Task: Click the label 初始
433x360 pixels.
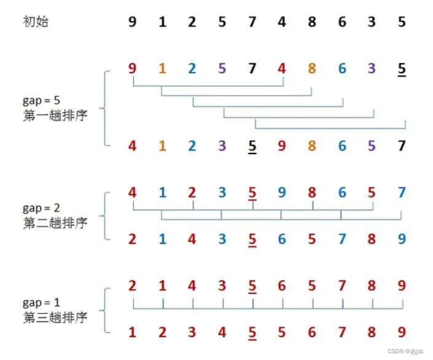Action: (36, 23)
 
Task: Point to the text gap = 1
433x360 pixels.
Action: (41, 303)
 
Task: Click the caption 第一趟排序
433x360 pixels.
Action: (55, 115)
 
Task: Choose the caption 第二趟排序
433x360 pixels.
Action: (55, 222)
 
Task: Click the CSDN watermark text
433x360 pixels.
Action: (400, 351)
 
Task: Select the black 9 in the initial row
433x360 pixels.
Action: (133, 23)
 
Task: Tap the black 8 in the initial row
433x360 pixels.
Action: (312, 23)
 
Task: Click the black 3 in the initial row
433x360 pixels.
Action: (372, 23)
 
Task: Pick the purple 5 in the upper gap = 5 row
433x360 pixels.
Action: (222, 69)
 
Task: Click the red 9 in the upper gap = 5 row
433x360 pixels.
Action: (133, 69)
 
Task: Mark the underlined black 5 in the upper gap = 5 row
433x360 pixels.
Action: (402, 69)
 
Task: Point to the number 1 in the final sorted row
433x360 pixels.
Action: (133, 332)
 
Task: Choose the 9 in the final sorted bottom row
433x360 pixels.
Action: (402, 332)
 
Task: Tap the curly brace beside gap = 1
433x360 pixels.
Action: (105, 308)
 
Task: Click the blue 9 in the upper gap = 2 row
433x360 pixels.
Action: (282, 193)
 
